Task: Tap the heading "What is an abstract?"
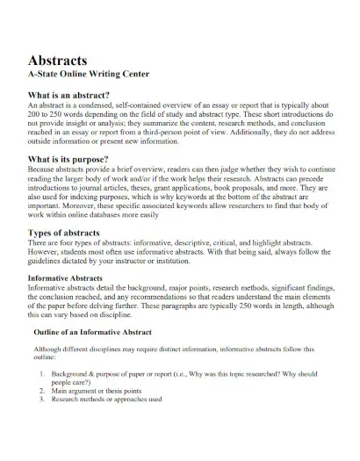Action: point(69,94)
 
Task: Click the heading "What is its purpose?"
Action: point(68,159)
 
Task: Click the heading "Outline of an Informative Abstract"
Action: point(92,333)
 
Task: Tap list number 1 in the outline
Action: point(43,374)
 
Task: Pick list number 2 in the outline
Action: point(43,391)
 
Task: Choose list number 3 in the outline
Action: point(43,400)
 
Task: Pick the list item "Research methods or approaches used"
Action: point(107,400)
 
